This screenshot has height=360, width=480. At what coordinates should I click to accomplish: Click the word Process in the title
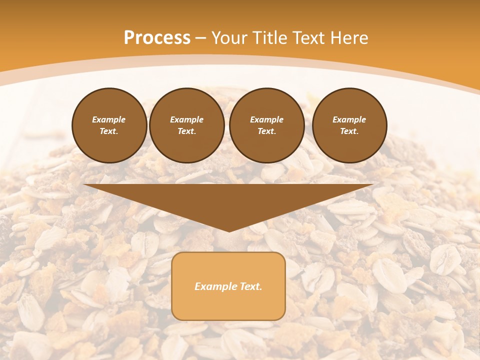click(x=157, y=38)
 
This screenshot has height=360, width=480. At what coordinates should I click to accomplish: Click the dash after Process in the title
click(x=201, y=38)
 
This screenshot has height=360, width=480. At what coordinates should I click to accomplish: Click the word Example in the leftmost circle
click(x=109, y=119)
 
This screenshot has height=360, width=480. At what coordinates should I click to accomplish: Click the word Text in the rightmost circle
click(x=349, y=131)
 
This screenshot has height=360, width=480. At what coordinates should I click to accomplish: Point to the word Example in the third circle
click(x=266, y=119)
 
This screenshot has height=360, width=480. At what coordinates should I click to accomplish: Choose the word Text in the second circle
click(x=186, y=131)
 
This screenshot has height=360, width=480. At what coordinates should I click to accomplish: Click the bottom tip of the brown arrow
click(x=229, y=230)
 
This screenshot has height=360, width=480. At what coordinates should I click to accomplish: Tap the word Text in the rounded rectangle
click(x=250, y=286)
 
